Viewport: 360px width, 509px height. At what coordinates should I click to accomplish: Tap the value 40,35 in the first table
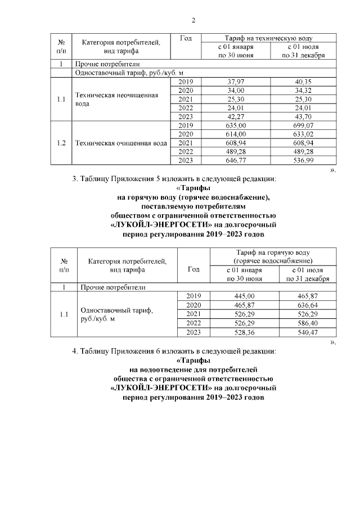(304, 82)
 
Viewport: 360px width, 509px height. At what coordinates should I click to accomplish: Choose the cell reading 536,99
(304, 160)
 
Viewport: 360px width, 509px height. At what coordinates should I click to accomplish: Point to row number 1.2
(61, 143)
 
